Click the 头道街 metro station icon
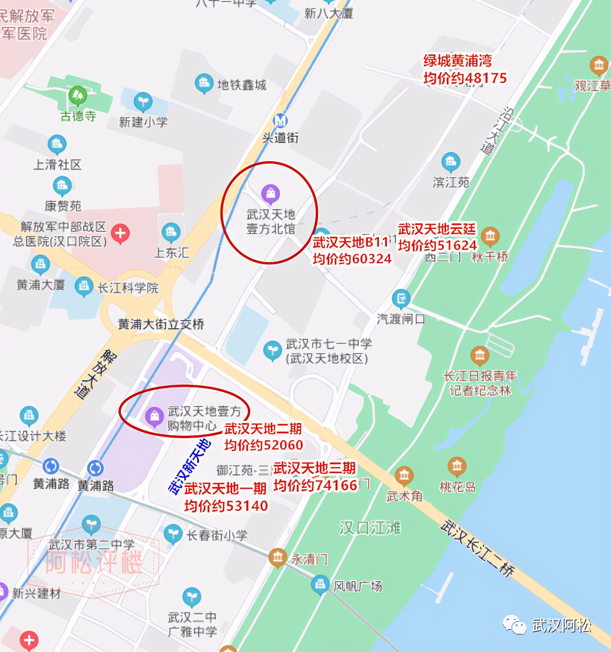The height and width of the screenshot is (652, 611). click(280, 120)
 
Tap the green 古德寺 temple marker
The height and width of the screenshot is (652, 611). click(78, 95)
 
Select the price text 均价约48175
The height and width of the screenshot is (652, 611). click(465, 78)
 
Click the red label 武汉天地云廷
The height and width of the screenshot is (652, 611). click(437, 229)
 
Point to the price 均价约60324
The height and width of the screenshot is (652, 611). click(352, 259)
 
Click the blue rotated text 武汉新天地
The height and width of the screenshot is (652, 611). click(189, 466)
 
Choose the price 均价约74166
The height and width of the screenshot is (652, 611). click(315, 485)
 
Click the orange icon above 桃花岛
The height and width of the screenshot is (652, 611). click(457, 466)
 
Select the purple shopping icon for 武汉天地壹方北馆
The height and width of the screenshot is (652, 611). click(271, 193)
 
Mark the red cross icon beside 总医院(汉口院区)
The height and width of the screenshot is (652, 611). click(120, 233)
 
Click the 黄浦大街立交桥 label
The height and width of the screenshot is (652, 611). click(161, 324)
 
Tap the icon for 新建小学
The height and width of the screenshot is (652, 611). click(143, 101)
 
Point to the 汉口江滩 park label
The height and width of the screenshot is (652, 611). click(370, 528)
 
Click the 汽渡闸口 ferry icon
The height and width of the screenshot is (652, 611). click(401, 298)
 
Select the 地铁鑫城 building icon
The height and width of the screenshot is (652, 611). click(204, 83)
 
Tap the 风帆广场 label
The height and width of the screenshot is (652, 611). click(358, 586)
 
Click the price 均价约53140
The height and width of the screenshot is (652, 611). click(226, 506)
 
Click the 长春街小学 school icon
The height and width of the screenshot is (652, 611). click(172, 534)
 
